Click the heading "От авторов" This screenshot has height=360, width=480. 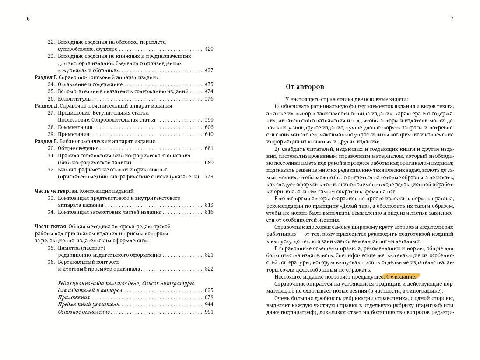point(305,87)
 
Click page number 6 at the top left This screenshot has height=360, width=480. point(28,19)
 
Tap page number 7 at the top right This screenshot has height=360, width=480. point(452,19)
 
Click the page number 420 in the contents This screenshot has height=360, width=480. point(209,49)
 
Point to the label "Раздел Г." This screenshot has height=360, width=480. point(46,77)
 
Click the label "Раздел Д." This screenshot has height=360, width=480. point(46,106)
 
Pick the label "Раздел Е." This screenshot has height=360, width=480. point(46,141)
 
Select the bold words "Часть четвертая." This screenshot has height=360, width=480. point(56,191)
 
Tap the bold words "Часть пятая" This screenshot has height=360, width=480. point(50,227)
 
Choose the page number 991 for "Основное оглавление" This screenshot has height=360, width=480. point(209,312)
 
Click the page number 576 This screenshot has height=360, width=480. point(209,99)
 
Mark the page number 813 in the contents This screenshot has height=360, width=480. point(209,205)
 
